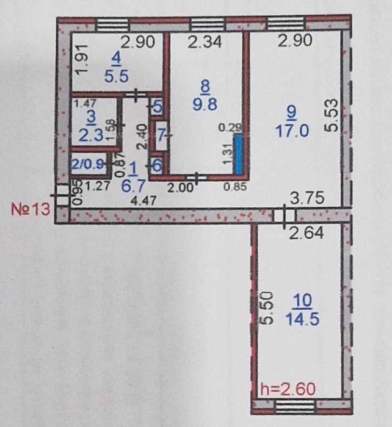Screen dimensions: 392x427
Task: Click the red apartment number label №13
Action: (31, 209)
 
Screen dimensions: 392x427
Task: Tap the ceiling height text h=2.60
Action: (288, 389)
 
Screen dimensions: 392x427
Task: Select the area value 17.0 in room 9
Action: (292, 131)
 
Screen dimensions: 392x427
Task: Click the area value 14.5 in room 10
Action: (302, 319)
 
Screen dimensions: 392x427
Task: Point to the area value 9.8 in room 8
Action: (205, 104)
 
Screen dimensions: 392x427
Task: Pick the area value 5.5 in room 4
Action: (117, 76)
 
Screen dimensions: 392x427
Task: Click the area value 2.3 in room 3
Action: (91, 135)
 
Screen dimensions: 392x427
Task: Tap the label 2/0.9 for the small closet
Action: (87, 165)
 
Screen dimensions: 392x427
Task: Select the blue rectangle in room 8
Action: (238, 154)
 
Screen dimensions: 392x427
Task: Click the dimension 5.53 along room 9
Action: (332, 116)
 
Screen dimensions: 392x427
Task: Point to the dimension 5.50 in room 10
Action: (267, 308)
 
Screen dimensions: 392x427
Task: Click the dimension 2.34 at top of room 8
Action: (205, 41)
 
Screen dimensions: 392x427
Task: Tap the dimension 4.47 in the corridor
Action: (143, 201)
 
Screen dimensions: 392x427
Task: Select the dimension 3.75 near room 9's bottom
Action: (307, 198)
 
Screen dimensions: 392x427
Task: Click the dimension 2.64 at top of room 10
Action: (306, 233)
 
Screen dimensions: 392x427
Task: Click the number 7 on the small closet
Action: (161, 135)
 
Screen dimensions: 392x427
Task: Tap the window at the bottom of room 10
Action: (296, 407)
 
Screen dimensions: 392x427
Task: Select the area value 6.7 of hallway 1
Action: (132, 186)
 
